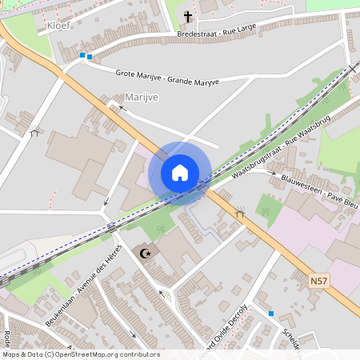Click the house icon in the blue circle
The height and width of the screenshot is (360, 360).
point(180,173)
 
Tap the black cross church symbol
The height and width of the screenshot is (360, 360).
point(189,16)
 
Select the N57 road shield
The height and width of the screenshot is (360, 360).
point(319,282)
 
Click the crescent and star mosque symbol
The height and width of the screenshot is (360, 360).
point(145,254)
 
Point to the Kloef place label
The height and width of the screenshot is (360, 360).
point(58,25)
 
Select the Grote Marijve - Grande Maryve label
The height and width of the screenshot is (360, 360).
point(167,76)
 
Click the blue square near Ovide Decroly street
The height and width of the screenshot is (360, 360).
point(271,314)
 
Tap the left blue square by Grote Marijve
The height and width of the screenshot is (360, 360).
point(82,55)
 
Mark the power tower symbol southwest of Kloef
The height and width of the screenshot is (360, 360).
point(34,131)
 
